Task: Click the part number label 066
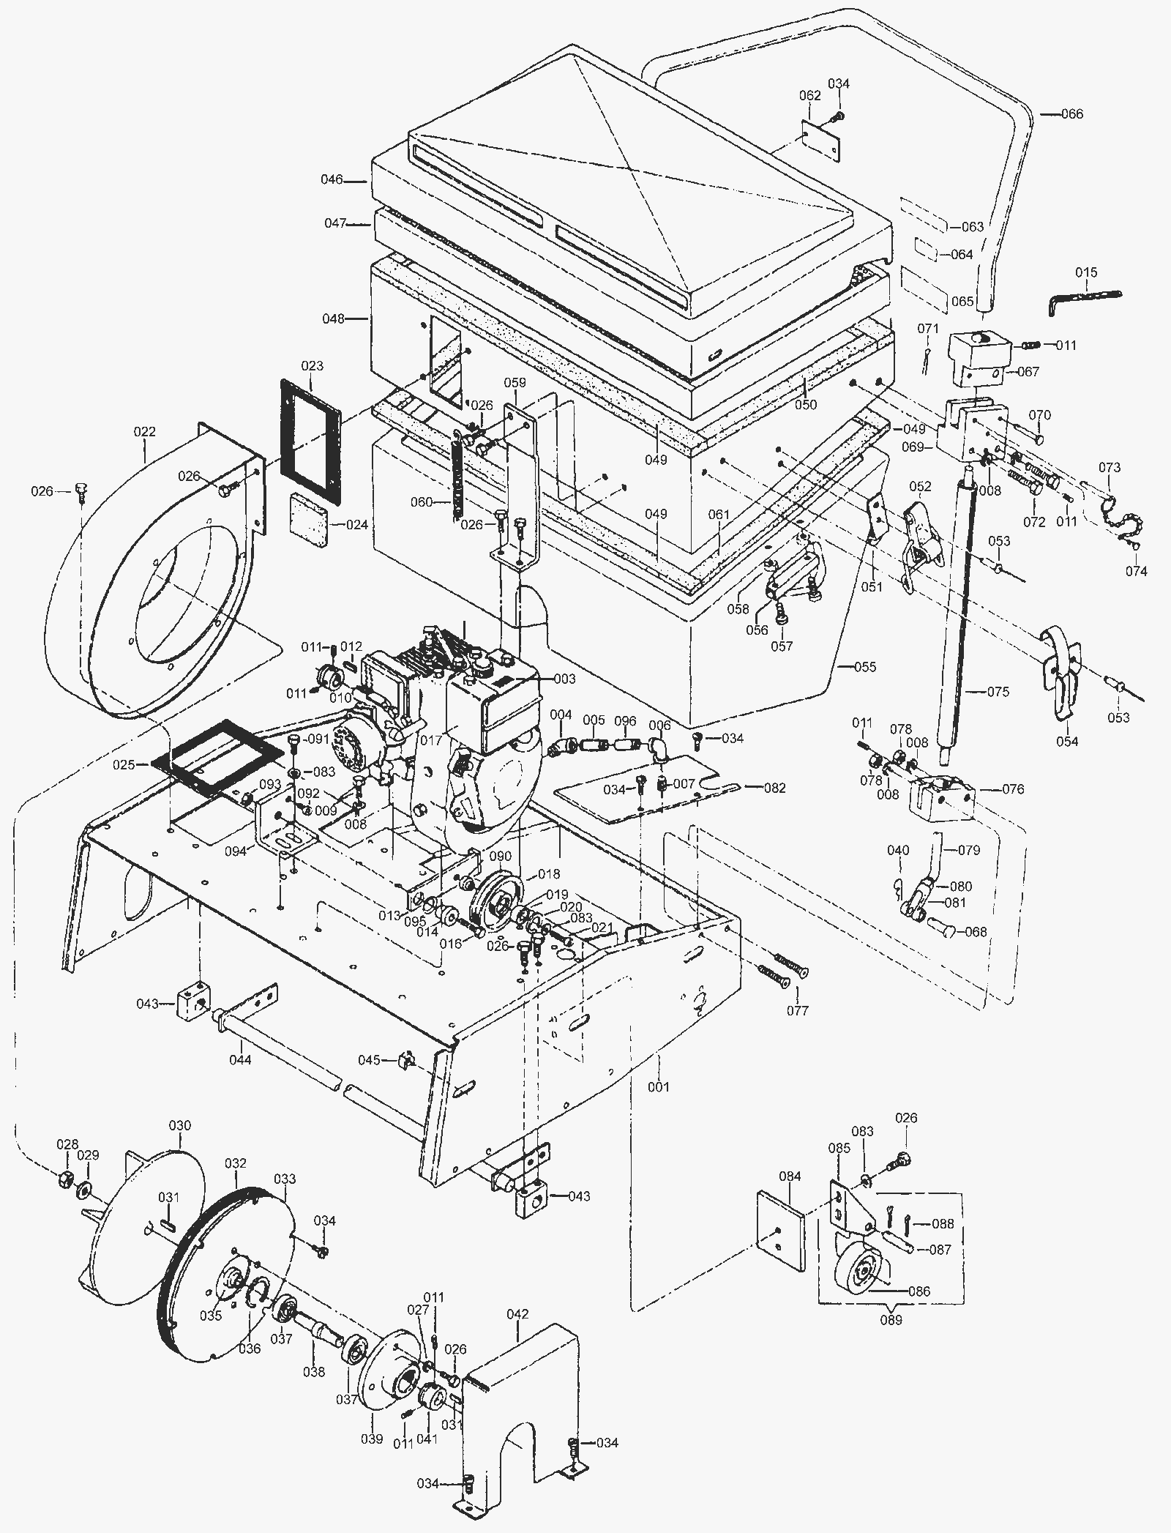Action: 1072,114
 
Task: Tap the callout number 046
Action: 332,179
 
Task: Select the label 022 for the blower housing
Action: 145,432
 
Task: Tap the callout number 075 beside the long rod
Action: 998,692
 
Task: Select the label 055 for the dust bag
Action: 865,667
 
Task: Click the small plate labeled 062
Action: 820,140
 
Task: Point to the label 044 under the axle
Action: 240,1059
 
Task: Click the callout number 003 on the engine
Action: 564,680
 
